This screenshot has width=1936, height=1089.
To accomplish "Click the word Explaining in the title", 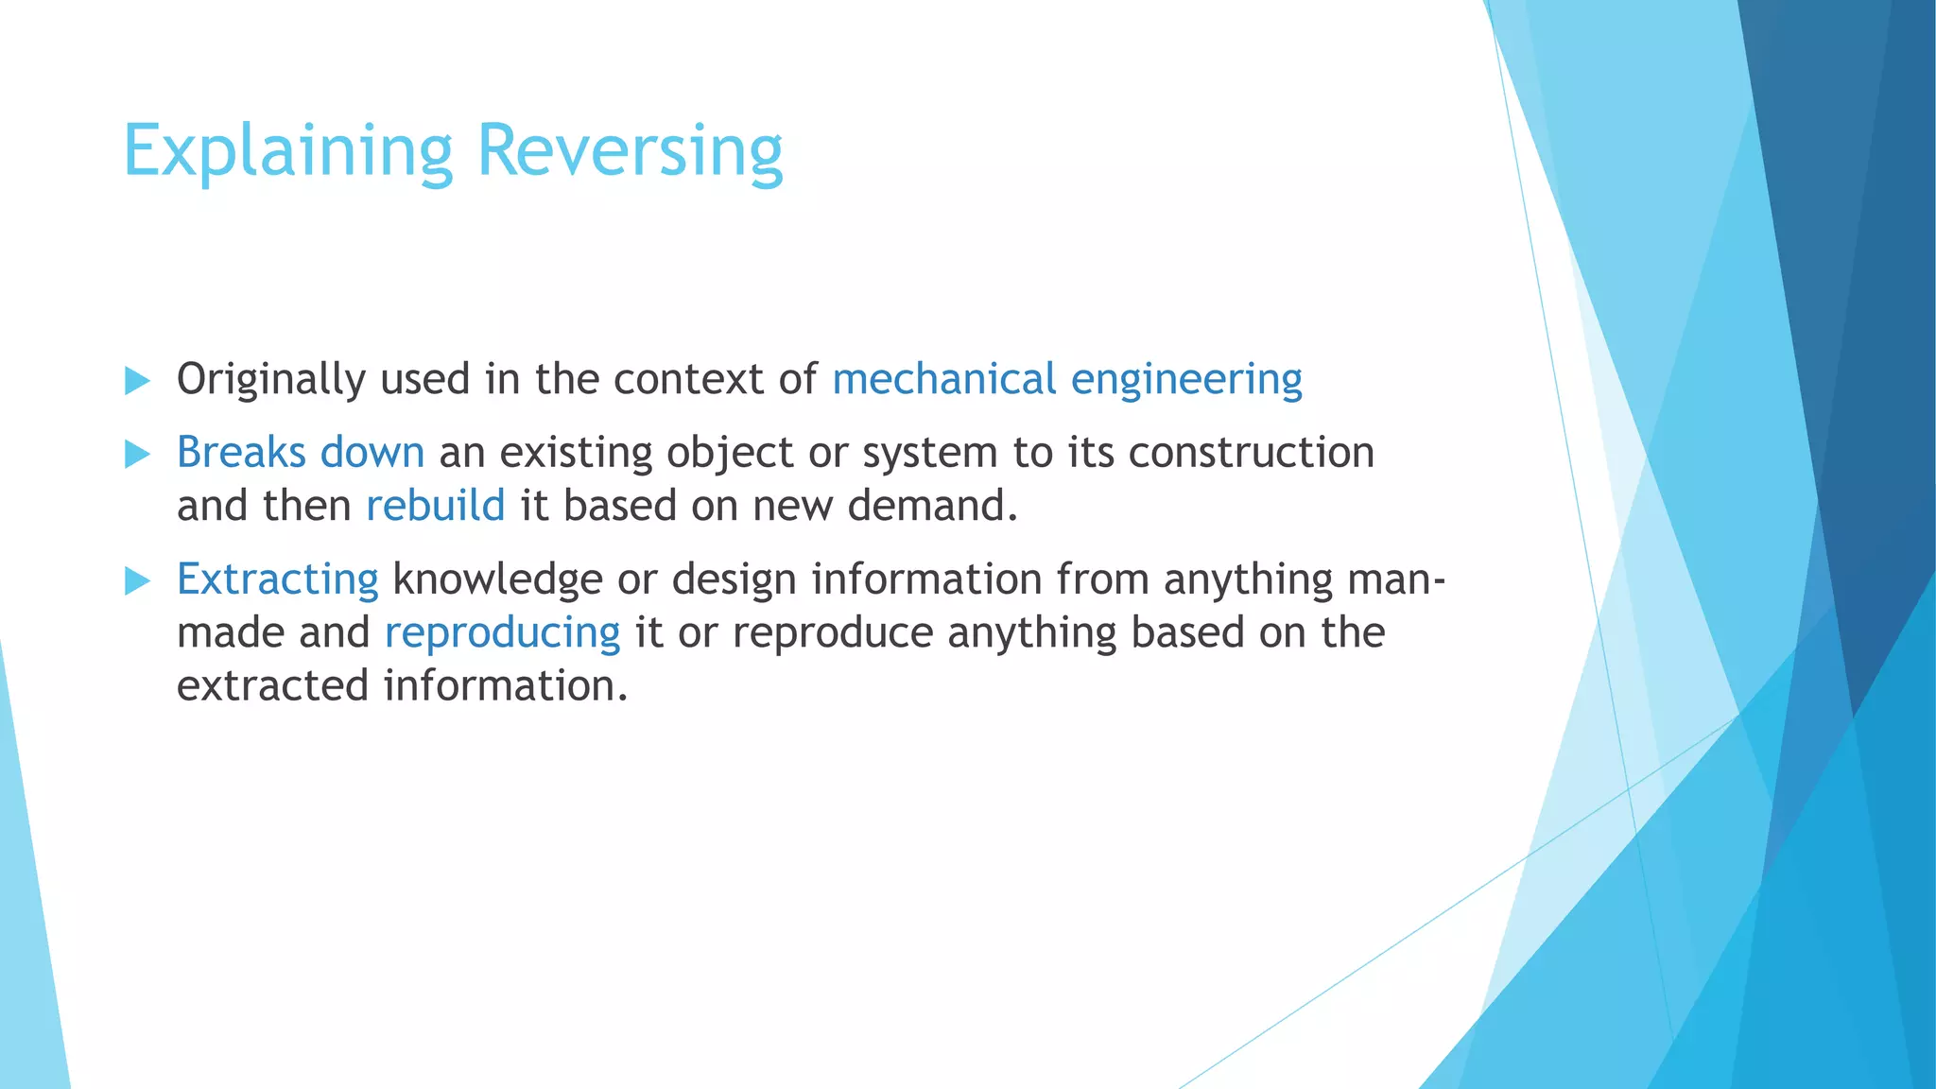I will [288, 151].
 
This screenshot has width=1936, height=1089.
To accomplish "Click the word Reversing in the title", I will [630, 151].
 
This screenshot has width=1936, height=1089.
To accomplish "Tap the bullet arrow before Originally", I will [138, 382].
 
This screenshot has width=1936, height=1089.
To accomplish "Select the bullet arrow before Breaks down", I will [138, 455].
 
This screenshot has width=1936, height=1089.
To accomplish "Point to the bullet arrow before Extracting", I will [138, 581].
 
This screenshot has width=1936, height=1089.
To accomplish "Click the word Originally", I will [270, 380].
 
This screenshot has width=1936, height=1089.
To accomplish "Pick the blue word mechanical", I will [943, 379].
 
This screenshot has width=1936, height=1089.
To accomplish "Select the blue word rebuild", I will [435, 506].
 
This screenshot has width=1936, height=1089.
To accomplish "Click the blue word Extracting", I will [277, 579].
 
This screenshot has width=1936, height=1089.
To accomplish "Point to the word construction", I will [1251, 453].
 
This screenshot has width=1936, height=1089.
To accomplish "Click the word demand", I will [932, 506].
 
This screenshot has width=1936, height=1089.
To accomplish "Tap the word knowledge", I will [497, 579].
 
